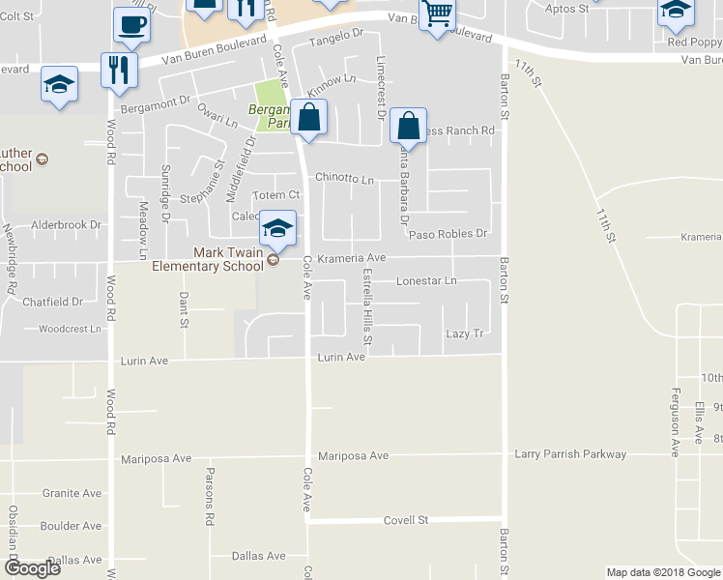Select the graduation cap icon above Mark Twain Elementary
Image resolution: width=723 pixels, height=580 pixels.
[277, 228]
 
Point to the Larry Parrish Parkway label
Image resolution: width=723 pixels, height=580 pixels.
[570, 454]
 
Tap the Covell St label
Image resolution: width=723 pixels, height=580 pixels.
[406, 520]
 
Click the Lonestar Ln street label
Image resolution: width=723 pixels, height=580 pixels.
[426, 281]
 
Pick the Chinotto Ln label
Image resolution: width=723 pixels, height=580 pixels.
[344, 179]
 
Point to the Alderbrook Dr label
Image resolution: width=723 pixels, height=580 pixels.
[67, 225]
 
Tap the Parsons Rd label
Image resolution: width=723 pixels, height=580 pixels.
[209, 482]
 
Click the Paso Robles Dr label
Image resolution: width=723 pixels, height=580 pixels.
[447, 234]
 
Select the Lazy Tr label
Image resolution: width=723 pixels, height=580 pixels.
[464, 333]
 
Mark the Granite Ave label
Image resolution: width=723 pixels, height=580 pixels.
[72, 493]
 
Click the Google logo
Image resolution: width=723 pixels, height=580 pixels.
[31, 568]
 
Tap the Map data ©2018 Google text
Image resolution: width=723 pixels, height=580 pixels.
[662, 572]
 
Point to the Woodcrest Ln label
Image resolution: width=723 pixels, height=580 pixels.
[70, 329]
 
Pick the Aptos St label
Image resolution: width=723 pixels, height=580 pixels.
[569, 8]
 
